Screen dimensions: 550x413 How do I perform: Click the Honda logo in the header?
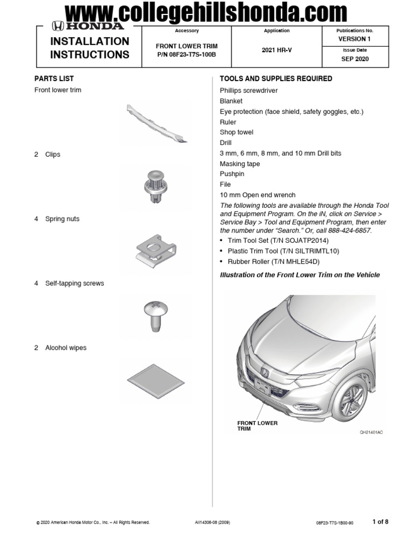88,26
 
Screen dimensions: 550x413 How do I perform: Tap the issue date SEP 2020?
355,59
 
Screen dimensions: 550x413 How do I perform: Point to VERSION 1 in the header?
354,39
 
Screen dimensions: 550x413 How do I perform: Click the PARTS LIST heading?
54,78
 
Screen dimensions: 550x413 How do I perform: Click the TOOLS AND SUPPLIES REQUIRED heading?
276,78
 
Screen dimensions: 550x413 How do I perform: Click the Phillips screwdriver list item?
248,91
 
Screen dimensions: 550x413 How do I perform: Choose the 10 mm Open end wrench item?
257,195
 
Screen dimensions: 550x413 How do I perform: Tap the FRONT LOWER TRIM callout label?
257,426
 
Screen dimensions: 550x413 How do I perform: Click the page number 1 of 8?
380,522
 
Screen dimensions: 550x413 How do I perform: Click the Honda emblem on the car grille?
265,372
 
